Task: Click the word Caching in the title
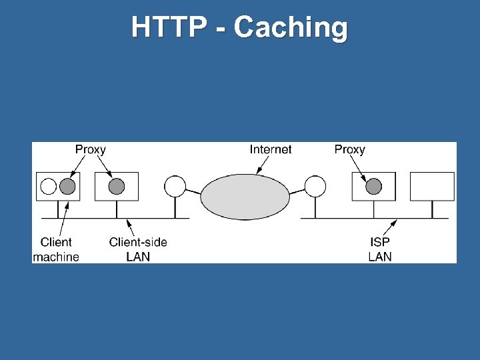click(x=291, y=28)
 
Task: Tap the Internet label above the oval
click(x=271, y=149)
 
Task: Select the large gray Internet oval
click(x=245, y=196)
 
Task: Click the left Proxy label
click(x=90, y=149)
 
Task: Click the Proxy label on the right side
click(x=349, y=149)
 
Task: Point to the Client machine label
click(x=56, y=249)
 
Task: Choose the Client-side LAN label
click(x=138, y=249)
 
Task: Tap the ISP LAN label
click(x=380, y=249)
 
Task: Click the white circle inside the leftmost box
click(x=49, y=186)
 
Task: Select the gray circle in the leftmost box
click(x=67, y=186)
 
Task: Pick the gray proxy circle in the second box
click(x=117, y=186)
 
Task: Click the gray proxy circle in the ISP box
click(x=373, y=186)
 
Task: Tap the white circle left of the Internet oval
click(x=175, y=186)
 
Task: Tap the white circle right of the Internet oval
click(x=315, y=186)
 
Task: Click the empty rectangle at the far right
click(x=432, y=186)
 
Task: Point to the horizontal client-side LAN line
click(x=147, y=218)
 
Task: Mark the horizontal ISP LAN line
click(x=347, y=218)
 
